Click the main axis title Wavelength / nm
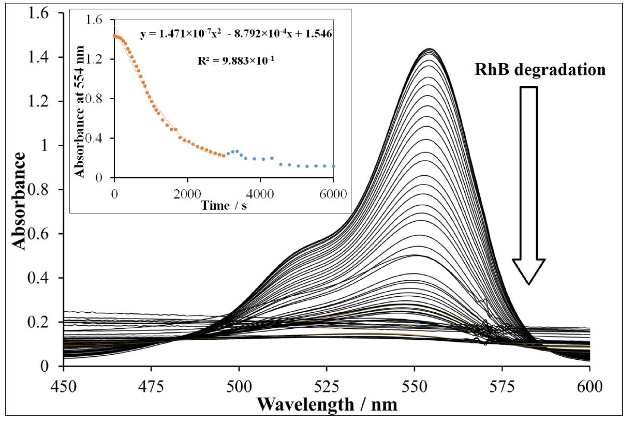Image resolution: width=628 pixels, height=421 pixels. point(327,405)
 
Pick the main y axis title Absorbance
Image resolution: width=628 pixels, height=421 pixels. point(19,201)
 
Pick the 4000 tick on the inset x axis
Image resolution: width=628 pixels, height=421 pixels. point(260,194)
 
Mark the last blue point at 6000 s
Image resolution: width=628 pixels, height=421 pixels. point(333,166)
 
